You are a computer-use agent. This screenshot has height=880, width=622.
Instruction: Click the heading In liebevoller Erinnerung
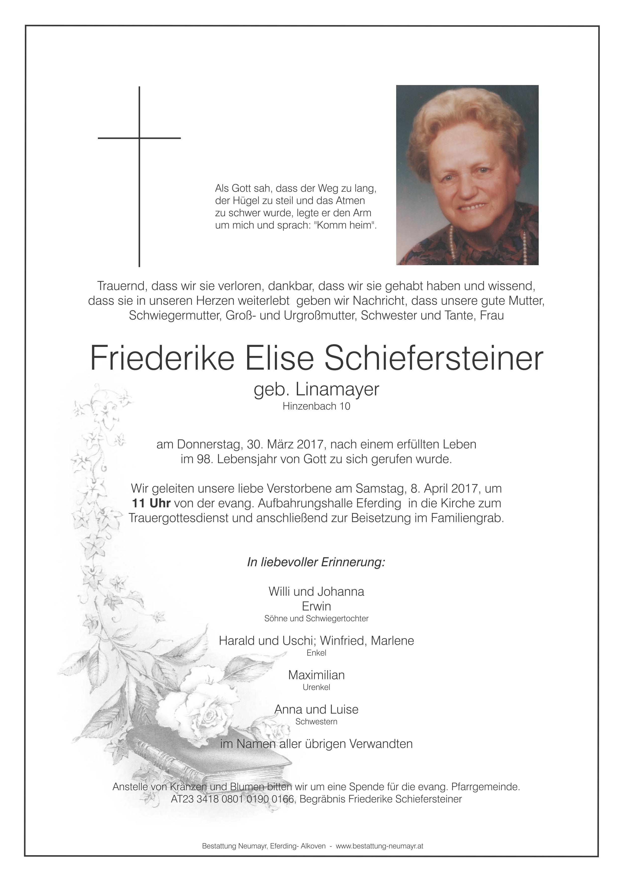pyautogui.click(x=316, y=562)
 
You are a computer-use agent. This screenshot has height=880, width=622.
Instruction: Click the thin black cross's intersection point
pyautogui.click(x=139, y=138)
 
